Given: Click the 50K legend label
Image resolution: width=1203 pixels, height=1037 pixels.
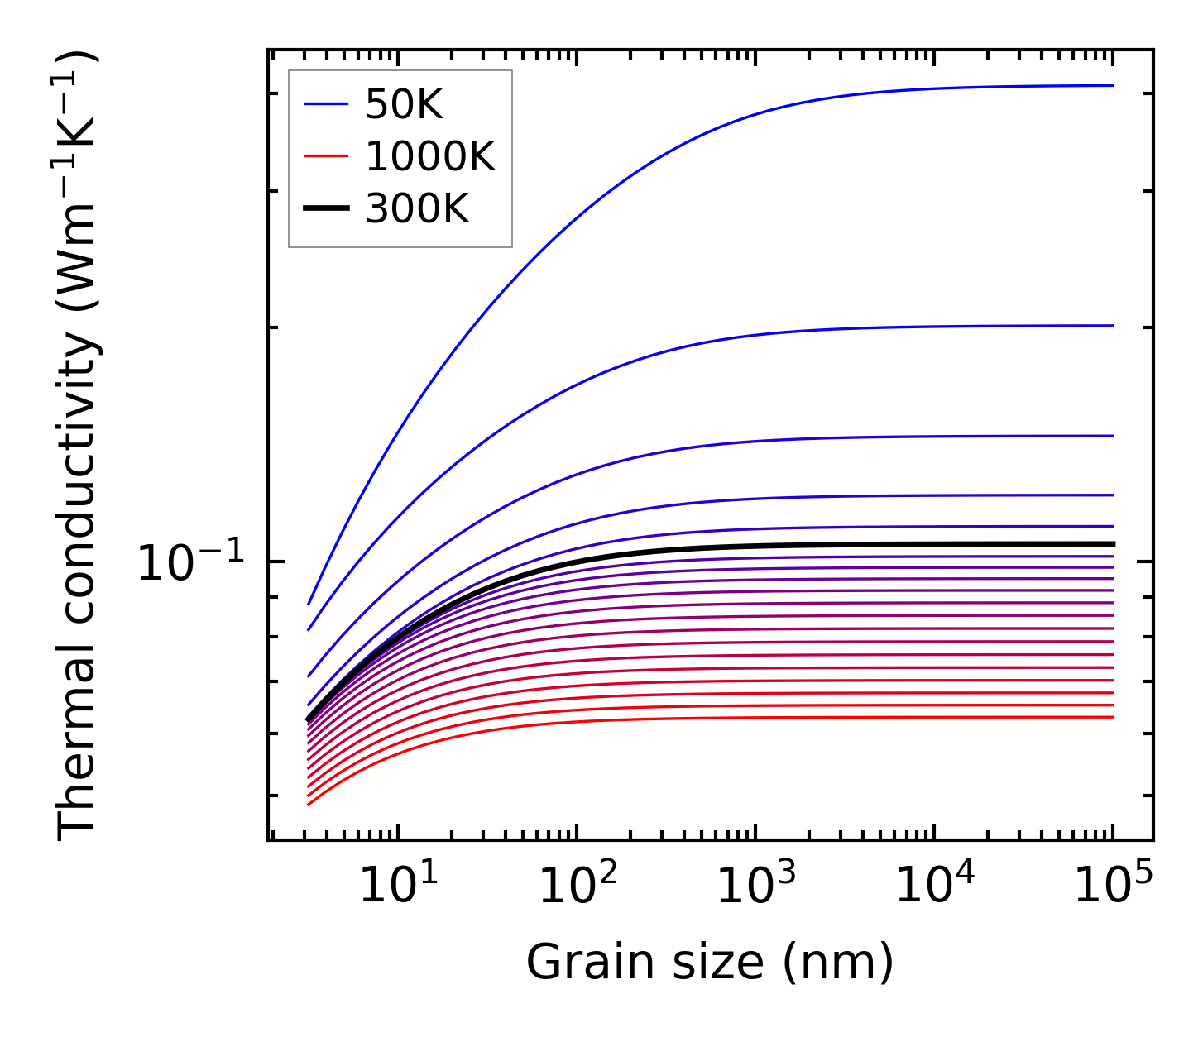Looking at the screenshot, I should pos(405,105).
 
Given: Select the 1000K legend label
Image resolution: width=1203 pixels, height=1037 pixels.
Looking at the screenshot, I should pos(430,156).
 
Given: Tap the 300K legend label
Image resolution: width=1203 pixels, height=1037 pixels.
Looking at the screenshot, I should pos(417,209).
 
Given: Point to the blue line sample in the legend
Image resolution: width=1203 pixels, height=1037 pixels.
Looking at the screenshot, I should pos(326,104).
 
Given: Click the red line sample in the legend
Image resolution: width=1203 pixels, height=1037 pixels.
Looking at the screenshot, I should pos(326,156).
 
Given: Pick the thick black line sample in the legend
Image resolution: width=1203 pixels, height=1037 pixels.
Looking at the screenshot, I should pos(326,209).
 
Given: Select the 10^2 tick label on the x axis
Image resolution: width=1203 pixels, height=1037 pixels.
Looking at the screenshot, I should pos(577,887).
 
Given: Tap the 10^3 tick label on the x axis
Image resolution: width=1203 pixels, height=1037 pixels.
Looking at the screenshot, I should pos(755,887).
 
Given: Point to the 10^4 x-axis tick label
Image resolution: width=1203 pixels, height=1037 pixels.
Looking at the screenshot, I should pos(934,887).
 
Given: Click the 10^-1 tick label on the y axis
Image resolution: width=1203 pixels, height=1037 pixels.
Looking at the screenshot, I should pos(191,564).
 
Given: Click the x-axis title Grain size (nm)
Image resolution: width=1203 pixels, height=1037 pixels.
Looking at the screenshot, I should pos(710,963).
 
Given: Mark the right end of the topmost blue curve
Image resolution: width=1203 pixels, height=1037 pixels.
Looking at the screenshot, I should pos(1113,85).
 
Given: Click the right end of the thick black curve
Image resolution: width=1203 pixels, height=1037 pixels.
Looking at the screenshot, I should pos(1113,543).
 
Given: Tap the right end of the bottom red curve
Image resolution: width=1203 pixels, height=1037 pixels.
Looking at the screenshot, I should pos(1113,717).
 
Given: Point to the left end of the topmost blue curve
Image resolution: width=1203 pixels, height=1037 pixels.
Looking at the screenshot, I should pos(309,604).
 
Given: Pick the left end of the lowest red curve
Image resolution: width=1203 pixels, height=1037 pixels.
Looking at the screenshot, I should pos(309,804).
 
